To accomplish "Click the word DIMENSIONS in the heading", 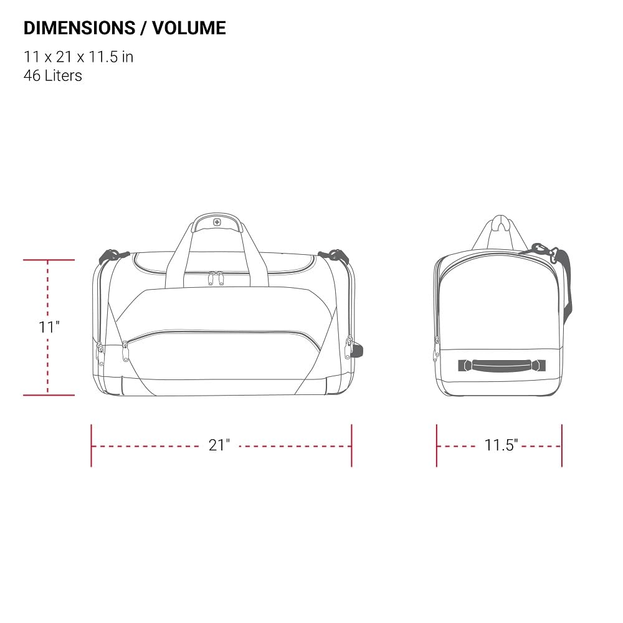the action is pyautogui.click(x=80, y=28).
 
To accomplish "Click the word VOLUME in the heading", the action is pyautogui.click(x=189, y=28).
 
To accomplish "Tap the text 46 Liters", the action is pyautogui.click(x=53, y=75).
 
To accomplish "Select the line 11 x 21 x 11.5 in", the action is pyautogui.click(x=78, y=57).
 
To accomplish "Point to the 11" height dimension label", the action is pyautogui.click(x=49, y=327).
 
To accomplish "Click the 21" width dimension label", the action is pyautogui.click(x=219, y=445).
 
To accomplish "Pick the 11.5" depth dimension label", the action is pyautogui.click(x=501, y=445).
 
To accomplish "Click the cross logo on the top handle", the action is pyautogui.click(x=217, y=222).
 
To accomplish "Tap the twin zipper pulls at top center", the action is pyautogui.click(x=216, y=278).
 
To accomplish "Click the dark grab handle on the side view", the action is pyautogui.click(x=502, y=366).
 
